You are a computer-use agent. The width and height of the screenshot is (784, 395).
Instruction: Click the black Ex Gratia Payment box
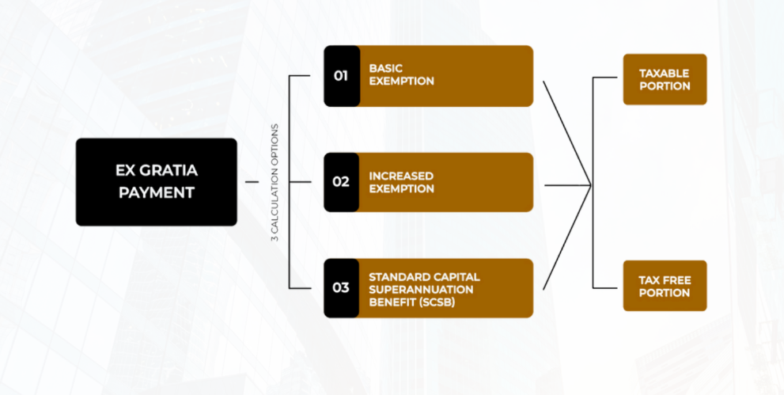156,182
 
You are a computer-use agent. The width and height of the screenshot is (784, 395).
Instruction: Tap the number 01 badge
341,76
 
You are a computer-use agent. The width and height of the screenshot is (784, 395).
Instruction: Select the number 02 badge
341,182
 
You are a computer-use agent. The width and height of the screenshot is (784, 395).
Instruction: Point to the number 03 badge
341,287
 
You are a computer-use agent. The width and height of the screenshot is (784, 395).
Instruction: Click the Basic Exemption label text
402,75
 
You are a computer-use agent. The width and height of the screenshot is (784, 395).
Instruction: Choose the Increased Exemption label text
402,182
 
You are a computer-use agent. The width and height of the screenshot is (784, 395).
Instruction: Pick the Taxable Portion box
665,79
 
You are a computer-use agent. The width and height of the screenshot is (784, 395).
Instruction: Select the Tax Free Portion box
665,286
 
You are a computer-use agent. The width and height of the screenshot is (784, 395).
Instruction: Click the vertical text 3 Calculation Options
275,182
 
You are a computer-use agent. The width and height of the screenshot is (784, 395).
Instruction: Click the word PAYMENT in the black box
157,192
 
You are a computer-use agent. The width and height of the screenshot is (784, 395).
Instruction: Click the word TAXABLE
665,73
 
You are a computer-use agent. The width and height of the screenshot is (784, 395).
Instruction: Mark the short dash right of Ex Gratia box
252,182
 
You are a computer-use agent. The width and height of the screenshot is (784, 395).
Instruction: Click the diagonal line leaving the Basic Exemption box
566,131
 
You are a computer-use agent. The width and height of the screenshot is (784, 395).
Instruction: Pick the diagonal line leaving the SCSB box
566,237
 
